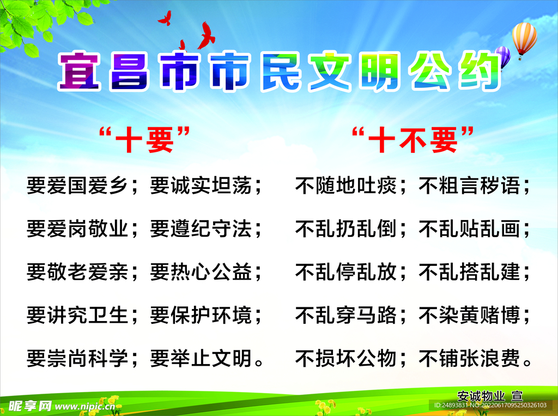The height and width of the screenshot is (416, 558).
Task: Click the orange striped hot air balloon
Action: tap(524, 38)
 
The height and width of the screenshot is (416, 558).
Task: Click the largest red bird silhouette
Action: tap(206, 35)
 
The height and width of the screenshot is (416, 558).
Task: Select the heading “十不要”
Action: tap(413, 140)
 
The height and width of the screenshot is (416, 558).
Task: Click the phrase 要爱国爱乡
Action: tap(77, 186)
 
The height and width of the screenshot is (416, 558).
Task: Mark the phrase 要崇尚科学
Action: tap(77, 358)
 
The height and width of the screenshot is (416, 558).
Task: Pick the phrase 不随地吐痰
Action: tap(345, 186)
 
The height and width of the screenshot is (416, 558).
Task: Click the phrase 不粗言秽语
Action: tap(469, 186)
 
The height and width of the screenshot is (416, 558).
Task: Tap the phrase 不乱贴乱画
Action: tap(469, 229)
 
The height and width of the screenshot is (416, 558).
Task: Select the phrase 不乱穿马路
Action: tap(345, 315)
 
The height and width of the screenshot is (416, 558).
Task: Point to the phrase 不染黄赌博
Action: tap(469, 315)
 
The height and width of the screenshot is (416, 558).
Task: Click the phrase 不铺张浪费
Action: tap(469, 358)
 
